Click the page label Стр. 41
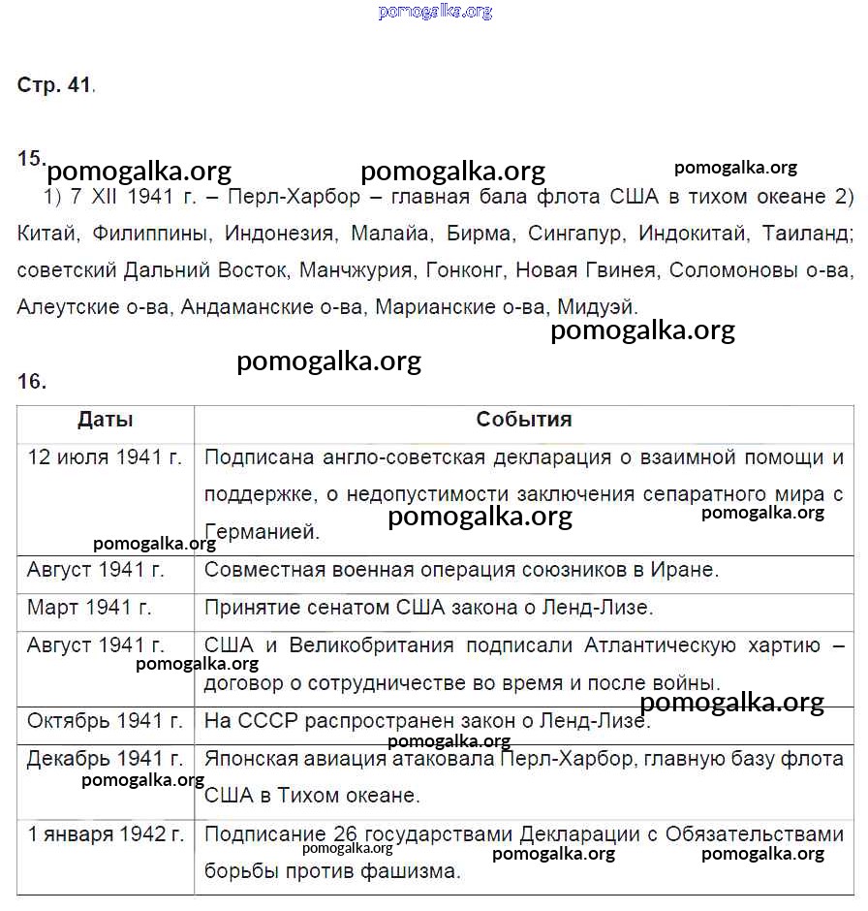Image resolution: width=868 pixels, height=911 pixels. point(55,85)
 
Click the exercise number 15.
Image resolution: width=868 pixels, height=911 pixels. point(30,158)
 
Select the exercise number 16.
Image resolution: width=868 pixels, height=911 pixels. point(31,382)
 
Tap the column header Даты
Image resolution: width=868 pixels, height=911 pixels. point(106,420)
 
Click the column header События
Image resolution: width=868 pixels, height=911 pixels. point(524,420)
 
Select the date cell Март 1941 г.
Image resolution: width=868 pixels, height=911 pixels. point(89,608)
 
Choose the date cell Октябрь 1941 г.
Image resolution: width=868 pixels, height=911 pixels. point(106,721)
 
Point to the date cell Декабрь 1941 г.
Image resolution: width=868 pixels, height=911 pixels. point(106,758)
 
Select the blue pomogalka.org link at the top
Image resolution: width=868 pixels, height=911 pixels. point(435,12)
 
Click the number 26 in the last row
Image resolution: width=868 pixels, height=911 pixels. point(344,834)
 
